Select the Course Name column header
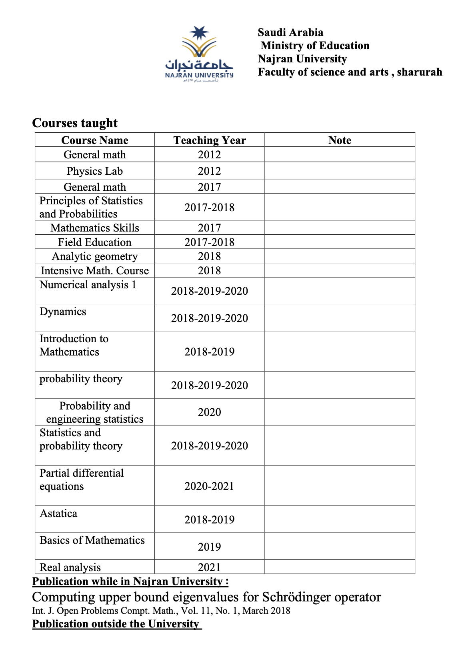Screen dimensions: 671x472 click(95, 140)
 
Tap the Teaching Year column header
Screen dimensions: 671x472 click(210, 140)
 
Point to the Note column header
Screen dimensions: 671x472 click(340, 140)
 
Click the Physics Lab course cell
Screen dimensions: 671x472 click(95, 171)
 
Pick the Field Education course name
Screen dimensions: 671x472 click(95, 242)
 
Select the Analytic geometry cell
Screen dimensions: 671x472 click(95, 256)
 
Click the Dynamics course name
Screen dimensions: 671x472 click(63, 312)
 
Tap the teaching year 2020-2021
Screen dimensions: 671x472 click(209, 486)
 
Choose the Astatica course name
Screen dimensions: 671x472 click(58, 513)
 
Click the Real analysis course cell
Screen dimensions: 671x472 click(70, 567)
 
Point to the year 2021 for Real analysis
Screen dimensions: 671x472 click(209, 567)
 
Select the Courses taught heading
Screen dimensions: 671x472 click(75, 123)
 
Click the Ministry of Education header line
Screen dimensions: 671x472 click(315, 46)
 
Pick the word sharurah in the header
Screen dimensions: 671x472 click(420, 72)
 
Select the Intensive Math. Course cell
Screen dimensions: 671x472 click(95, 271)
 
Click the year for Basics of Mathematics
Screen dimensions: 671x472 click(209, 547)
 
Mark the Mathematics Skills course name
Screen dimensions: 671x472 click(95, 228)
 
